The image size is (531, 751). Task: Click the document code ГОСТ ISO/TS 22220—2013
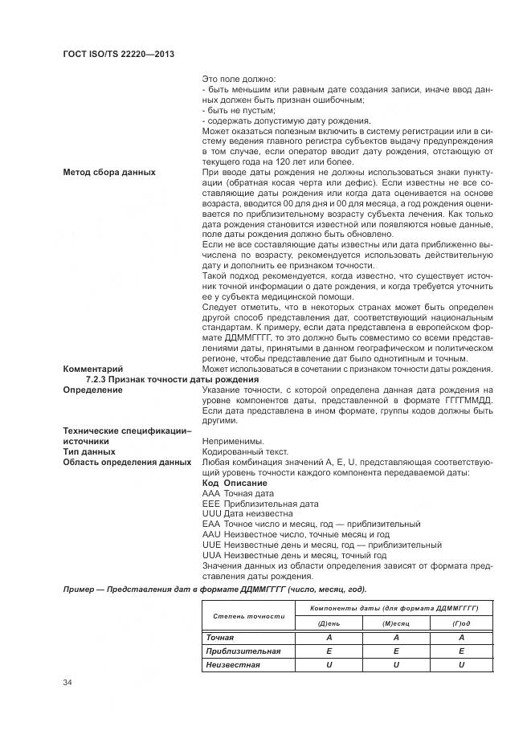click(x=118, y=53)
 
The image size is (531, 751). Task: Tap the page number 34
click(x=67, y=683)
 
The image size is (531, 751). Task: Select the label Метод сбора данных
click(x=109, y=173)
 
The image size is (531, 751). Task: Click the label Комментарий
click(x=92, y=369)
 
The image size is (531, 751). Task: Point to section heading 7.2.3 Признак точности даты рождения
click(x=172, y=379)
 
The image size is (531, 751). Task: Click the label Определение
click(x=93, y=390)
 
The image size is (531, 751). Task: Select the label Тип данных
click(x=88, y=452)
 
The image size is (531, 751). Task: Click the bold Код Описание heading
click(x=235, y=483)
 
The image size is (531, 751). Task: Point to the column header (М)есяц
click(x=395, y=623)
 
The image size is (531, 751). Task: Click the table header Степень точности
click(x=248, y=615)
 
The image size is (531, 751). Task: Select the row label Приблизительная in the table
click(x=243, y=651)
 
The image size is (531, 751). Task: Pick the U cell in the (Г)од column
click(x=461, y=665)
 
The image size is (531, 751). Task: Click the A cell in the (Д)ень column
click(x=329, y=638)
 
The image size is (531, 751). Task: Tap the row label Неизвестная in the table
click(x=233, y=665)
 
